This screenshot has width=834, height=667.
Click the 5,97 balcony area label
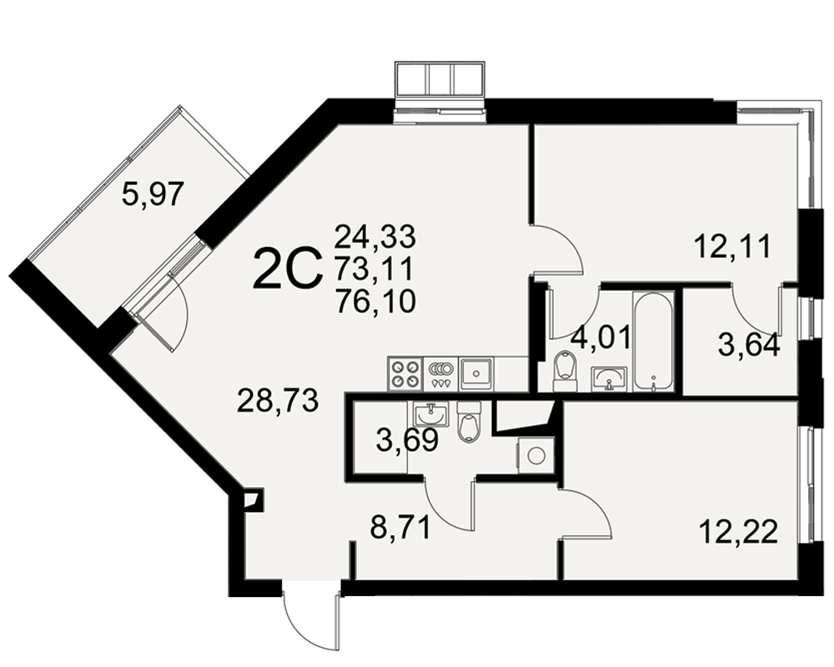[153, 194]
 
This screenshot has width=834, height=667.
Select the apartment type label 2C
[289, 269]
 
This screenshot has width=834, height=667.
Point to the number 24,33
[374, 236]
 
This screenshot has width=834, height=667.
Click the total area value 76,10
[375, 302]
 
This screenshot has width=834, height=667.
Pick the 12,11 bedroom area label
[732, 247]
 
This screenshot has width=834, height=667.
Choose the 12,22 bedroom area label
[739, 532]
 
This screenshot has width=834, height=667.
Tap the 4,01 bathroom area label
[600, 337]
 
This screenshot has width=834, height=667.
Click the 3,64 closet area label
[749, 345]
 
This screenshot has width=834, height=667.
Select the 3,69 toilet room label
[407, 439]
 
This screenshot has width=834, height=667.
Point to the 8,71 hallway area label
[400, 529]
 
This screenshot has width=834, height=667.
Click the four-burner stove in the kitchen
[404, 374]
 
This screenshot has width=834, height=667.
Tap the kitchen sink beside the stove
[476, 374]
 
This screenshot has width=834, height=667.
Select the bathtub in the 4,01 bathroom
[653, 342]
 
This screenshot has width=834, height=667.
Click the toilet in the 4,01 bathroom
[565, 371]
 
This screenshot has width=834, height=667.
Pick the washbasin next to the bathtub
[610, 379]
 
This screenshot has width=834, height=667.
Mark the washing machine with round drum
[535, 455]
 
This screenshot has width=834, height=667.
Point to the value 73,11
[374, 269]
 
